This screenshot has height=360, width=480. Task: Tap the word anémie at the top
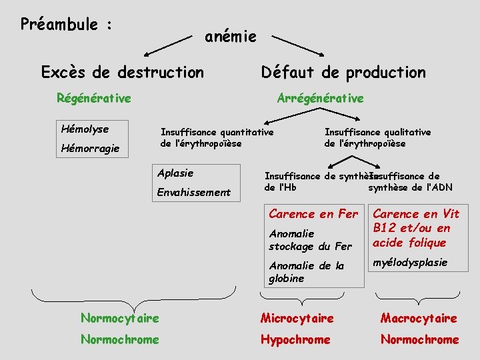click(230, 37)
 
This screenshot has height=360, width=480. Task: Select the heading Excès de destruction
click(123, 71)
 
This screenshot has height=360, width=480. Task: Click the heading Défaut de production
click(343, 71)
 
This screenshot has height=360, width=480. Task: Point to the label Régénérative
click(94, 99)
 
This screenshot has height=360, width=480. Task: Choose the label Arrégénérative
click(320, 99)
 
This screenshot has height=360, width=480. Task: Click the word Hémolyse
click(85, 129)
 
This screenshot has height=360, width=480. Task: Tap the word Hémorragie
click(90, 148)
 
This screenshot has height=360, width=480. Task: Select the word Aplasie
click(175, 173)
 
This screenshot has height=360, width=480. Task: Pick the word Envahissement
click(193, 193)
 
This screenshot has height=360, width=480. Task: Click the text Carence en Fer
click(313, 214)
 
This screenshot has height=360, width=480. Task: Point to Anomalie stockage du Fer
click(310, 240)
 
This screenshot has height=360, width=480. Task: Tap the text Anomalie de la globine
click(306, 272)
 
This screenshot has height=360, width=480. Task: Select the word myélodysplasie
click(410, 262)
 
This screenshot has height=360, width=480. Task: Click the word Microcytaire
click(297, 318)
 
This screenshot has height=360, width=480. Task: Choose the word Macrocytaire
click(419, 318)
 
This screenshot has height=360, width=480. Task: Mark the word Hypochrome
click(295, 339)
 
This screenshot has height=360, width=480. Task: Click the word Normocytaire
click(119, 318)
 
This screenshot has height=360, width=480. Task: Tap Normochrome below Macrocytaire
click(419, 339)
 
